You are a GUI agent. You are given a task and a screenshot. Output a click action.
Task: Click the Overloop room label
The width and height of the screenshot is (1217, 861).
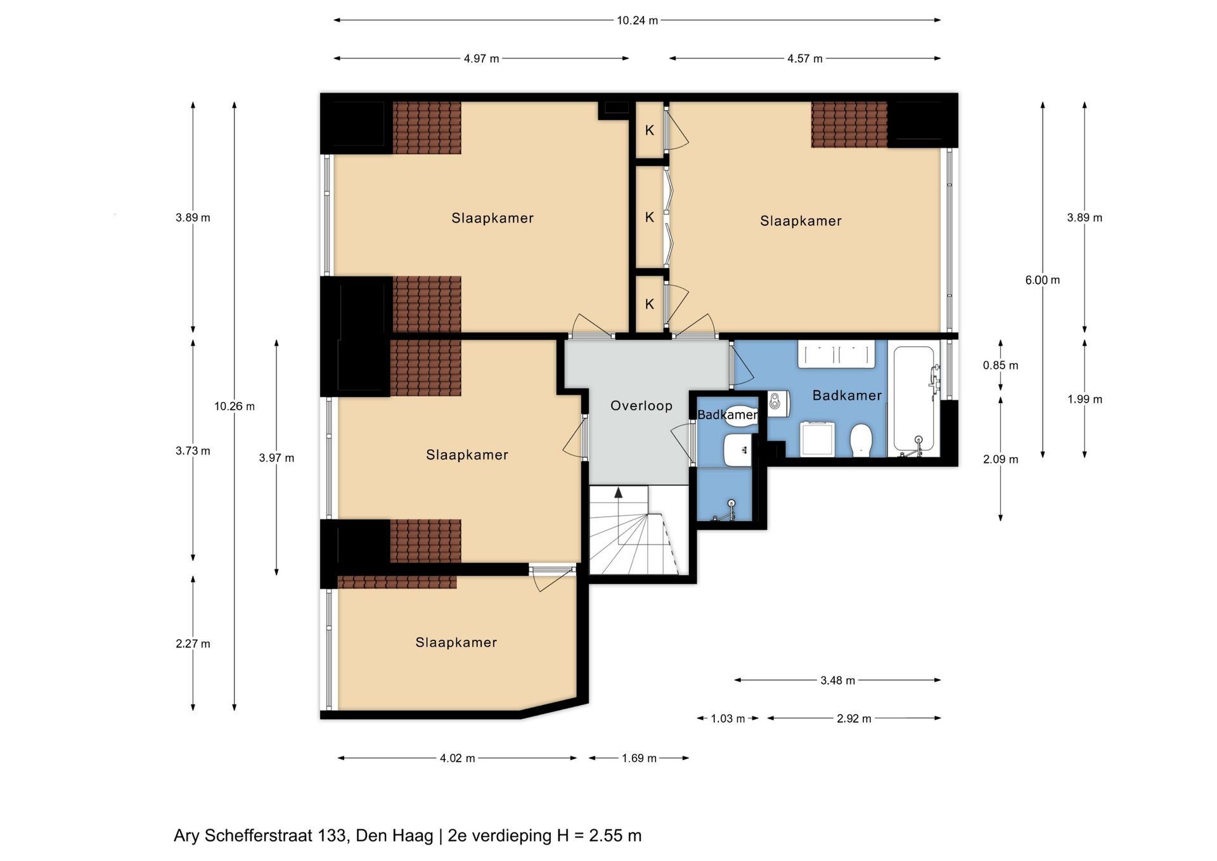point(641,406)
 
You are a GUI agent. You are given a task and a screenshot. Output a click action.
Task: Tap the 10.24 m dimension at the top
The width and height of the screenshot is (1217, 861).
point(637,20)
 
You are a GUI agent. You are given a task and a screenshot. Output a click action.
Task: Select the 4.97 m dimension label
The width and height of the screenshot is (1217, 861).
point(481,59)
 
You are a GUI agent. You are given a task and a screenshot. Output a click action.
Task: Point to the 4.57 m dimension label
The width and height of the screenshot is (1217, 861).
point(804,59)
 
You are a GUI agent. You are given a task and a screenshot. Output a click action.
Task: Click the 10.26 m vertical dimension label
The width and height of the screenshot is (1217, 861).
point(235,406)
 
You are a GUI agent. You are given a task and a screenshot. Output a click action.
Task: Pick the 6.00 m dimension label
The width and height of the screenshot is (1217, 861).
point(1042,280)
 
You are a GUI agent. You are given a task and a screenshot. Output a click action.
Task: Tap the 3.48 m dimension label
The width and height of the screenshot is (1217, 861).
point(837,680)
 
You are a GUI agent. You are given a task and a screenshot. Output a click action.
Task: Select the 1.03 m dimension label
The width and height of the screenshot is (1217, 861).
point(728,718)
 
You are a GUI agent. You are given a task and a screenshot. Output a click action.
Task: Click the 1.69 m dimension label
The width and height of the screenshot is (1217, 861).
point(639,758)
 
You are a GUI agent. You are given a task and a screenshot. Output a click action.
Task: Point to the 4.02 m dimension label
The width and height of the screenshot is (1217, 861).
point(457,758)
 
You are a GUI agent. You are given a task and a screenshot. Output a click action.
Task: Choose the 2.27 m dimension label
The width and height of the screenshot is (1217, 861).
point(193,644)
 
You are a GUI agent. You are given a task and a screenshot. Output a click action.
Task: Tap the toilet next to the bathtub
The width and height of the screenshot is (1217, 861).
point(860,440)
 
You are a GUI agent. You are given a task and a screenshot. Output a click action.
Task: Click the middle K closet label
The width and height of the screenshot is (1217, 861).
point(649,217)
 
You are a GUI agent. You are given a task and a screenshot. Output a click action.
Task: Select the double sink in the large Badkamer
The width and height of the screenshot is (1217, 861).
point(836,354)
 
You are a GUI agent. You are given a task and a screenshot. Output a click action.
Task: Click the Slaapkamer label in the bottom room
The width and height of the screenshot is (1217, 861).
point(456,642)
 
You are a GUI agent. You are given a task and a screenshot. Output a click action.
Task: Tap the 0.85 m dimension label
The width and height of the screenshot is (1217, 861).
point(1000,365)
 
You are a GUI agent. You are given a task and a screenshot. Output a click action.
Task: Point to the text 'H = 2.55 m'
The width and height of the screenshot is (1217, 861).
point(599,836)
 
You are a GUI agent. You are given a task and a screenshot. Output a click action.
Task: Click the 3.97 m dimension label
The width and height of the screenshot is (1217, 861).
point(276,458)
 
